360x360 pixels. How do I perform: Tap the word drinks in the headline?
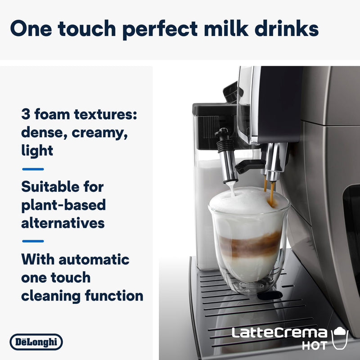(x=286, y=29)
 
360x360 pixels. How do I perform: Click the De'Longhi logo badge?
(x=36, y=342)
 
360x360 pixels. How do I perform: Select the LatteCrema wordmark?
(x=279, y=333)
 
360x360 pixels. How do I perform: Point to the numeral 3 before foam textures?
(x=26, y=114)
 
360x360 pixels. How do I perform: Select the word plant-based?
(x=63, y=205)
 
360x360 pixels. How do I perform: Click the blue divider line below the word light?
(x=33, y=169)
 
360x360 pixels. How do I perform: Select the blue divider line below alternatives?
(x=33, y=241)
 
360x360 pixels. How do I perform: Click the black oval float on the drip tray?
(x=270, y=295)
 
